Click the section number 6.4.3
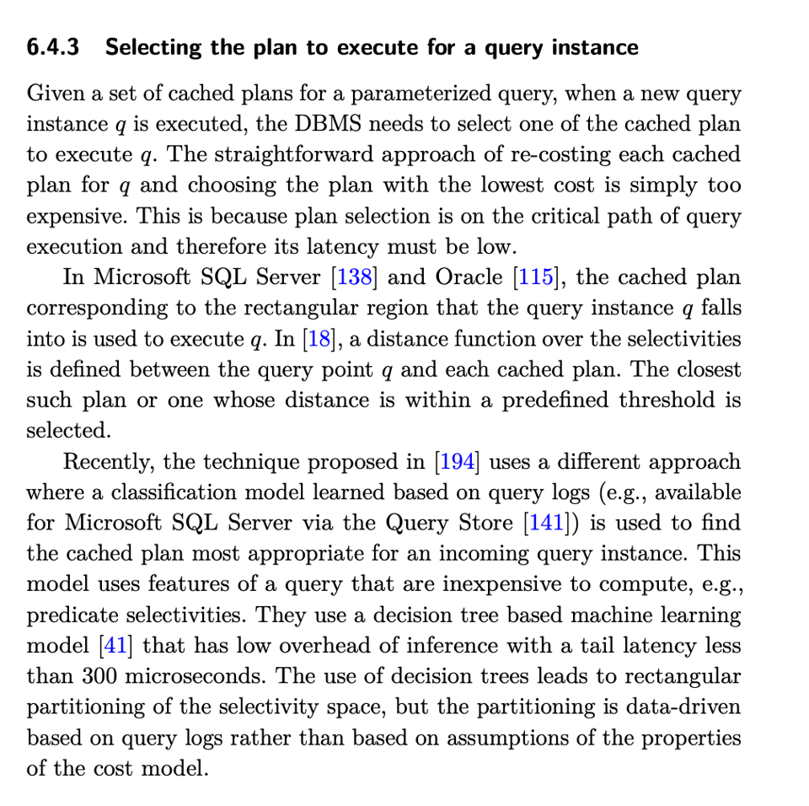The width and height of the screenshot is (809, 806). click(53, 47)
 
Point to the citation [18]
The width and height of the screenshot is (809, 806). click(317, 339)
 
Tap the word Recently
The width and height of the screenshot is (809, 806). click(109, 462)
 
